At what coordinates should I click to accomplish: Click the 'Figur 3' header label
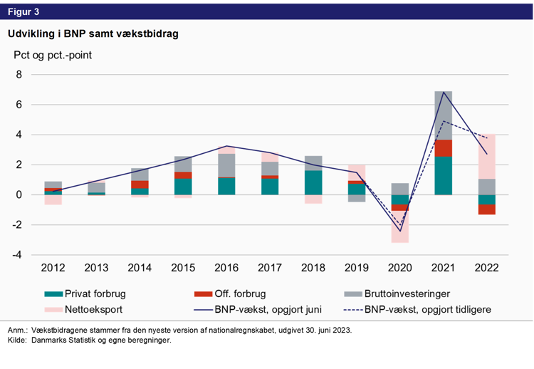pyautogui.click(x=23, y=11)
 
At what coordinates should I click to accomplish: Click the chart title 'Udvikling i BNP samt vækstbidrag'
pyautogui.click(x=93, y=33)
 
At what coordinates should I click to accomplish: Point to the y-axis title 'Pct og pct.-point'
pyautogui.click(x=52, y=54)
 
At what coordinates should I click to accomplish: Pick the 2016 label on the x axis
pyautogui.click(x=226, y=269)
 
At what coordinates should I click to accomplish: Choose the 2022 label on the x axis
pyautogui.click(x=487, y=269)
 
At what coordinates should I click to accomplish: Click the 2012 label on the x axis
pyautogui.click(x=53, y=269)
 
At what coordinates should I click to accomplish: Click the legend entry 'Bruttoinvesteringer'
pyautogui.click(x=407, y=293)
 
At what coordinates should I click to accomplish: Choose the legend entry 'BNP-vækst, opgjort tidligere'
pyautogui.click(x=427, y=310)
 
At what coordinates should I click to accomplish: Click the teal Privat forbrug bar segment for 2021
pyautogui.click(x=444, y=175)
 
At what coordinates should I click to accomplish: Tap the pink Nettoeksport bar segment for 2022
pyautogui.click(x=487, y=156)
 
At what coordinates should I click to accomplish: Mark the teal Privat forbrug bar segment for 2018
pyautogui.click(x=313, y=182)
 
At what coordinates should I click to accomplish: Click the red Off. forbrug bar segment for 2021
pyautogui.click(x=444, y=147)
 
